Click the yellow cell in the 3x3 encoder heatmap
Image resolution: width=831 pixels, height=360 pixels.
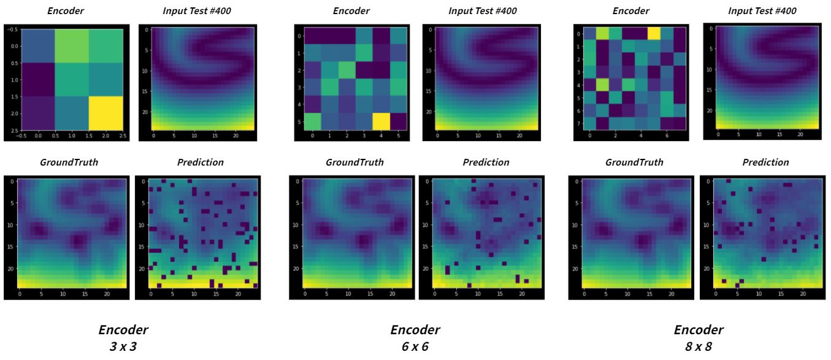click(107, 112)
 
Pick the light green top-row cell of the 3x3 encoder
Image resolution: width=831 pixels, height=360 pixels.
click(73, 47)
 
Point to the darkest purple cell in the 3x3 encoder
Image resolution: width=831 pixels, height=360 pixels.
click(38, 80)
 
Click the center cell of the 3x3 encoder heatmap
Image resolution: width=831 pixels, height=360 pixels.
click(73, 80)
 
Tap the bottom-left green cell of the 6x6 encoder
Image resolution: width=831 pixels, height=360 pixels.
click(312, 122)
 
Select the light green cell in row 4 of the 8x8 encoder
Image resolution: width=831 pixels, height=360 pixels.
click(602, 83)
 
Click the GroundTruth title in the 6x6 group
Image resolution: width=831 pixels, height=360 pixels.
click(354, 163)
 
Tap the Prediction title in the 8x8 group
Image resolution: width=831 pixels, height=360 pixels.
click(765, 163)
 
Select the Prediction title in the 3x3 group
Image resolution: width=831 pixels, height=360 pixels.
click(200, 163)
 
